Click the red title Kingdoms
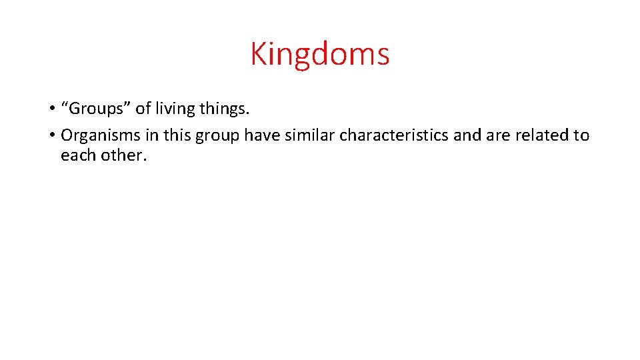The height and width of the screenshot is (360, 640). click(320, 53)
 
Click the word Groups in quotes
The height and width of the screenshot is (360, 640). click(96, 108)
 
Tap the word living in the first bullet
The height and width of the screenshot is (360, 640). click(175, 108)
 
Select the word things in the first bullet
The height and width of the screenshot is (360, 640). click(224, 108)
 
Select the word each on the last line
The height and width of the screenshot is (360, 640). click(75, 155)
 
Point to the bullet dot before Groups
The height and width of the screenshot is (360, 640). click(51, 109)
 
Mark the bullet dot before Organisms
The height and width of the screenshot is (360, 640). click(51, 136)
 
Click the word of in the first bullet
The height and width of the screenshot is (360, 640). click(143, 108)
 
